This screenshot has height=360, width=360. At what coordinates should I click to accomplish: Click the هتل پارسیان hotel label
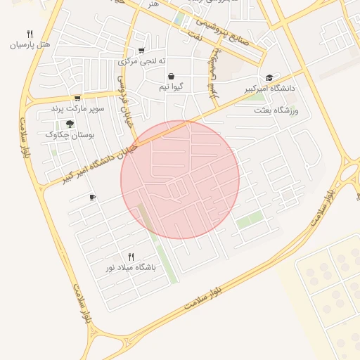pos(30,44)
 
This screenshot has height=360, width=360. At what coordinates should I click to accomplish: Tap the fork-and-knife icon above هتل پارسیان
pos(30,33)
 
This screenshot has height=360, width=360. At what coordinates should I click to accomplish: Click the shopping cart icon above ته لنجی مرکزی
pos(142,50)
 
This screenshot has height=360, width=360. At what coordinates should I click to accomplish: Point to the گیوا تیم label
pos(172,87)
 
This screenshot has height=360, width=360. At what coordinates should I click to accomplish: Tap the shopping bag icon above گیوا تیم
pos(172,76)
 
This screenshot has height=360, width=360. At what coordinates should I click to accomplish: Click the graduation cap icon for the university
pos(269,78)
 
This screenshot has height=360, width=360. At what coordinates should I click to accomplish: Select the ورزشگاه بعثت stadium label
pos(276,111)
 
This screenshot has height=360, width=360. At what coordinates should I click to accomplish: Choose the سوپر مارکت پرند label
pos(77,110)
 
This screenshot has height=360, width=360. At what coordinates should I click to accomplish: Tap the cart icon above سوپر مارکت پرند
pos(77,98)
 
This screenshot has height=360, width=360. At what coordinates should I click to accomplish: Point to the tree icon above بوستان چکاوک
pos(70,124)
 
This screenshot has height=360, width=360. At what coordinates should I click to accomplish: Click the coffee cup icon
pos(92,198)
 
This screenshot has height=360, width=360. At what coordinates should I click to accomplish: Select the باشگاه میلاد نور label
pos(131,268)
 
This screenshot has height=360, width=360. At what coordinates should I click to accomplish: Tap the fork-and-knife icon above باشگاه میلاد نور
pos(131,257)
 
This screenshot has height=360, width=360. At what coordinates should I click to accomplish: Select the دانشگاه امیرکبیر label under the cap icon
pos(270,89)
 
